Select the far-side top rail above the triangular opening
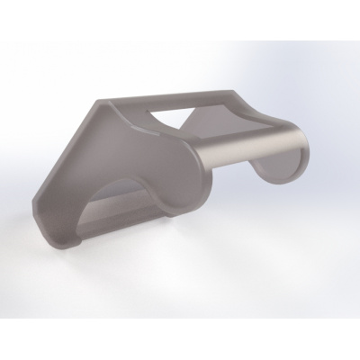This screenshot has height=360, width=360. tap(166, 97)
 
